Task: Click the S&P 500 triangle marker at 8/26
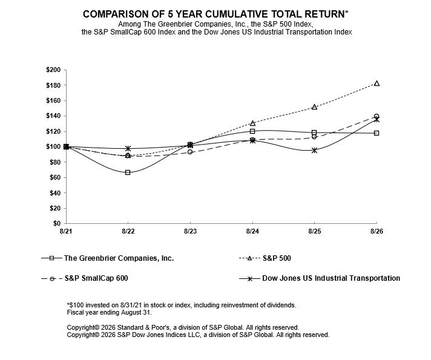377,83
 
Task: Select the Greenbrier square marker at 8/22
128,172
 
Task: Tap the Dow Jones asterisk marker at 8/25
314,150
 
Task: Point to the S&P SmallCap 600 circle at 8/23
190,152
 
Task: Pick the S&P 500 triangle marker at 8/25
314,107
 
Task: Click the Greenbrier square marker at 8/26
377,133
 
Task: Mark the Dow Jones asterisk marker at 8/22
128,148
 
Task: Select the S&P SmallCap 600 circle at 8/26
377,116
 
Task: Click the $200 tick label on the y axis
53,70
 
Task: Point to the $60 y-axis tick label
55,177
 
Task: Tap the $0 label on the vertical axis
57,223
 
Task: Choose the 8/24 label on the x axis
252,231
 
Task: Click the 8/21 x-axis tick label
66,231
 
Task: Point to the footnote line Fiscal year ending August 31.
109,312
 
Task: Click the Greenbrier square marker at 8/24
252,131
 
